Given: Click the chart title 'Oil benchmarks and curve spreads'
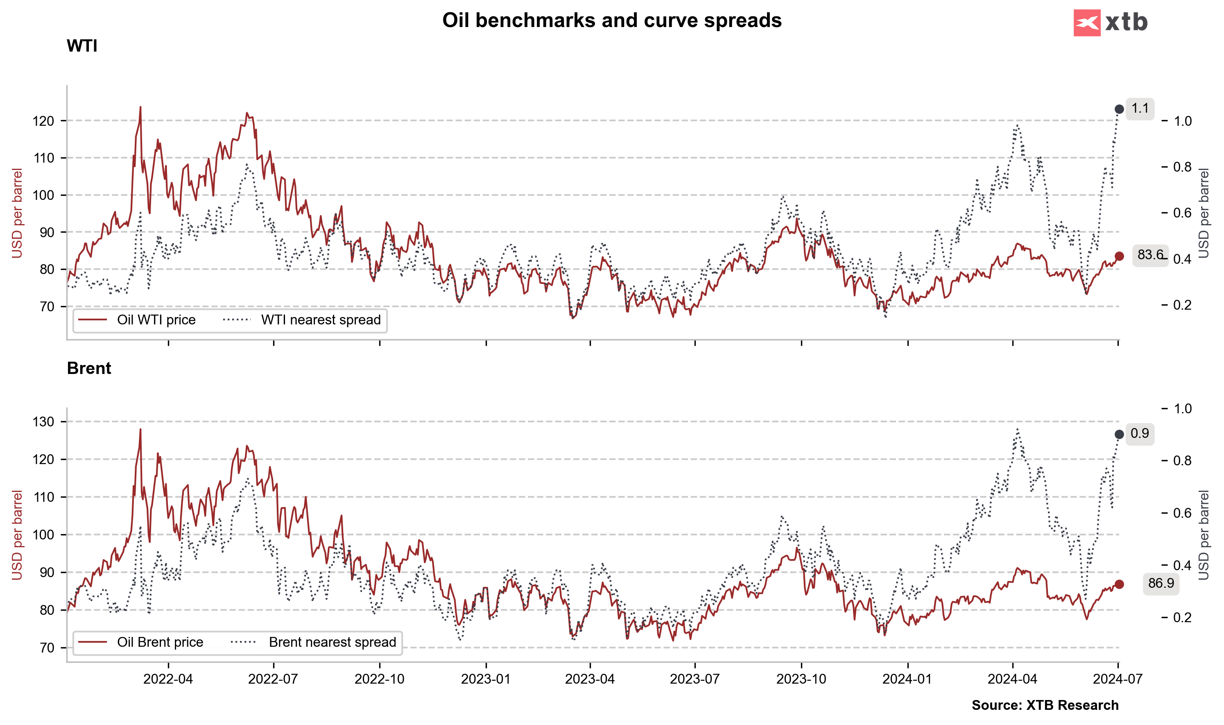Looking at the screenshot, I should (611, 20).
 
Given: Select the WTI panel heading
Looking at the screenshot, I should (82, 46).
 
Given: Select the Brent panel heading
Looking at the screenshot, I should (89, 368).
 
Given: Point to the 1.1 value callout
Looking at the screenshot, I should (1140, 109).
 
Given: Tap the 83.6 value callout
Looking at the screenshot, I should (1150, 254).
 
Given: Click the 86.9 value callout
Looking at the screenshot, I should (1161, 583).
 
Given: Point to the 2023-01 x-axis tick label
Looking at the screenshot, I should (486, 679).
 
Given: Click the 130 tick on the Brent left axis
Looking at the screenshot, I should (43, 421).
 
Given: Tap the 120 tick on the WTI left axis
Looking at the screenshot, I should (43, 121).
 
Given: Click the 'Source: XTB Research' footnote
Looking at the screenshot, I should (1045, 705).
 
